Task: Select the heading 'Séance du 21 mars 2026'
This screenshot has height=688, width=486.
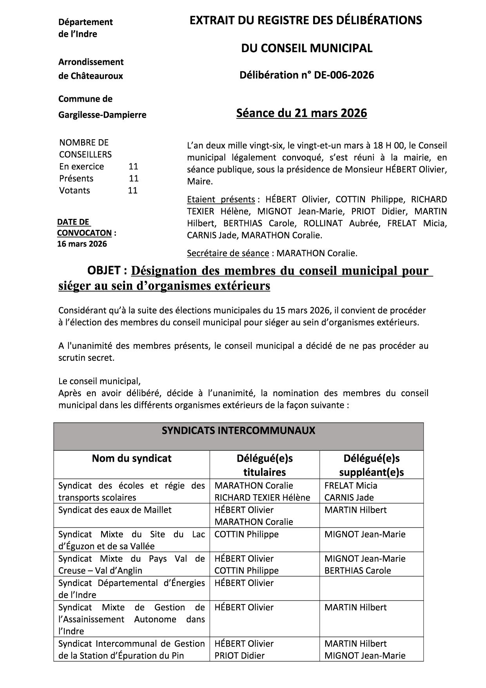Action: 301,113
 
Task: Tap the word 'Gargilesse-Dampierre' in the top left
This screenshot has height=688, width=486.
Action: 102,115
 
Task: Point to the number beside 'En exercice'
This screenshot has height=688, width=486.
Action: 133,166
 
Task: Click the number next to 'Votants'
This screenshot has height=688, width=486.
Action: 132,190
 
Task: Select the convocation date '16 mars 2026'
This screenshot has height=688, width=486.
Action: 82,244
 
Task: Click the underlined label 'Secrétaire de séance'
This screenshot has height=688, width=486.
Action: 228,253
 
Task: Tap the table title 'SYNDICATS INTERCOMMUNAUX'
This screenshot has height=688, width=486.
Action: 238,430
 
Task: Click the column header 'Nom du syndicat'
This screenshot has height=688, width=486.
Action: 131,458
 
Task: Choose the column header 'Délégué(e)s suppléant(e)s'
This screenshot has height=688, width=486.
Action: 371,465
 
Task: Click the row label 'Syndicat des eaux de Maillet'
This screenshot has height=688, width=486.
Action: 115,510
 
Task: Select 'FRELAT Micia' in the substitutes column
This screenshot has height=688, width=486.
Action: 351,486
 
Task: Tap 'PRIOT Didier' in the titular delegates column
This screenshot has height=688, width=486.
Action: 239,655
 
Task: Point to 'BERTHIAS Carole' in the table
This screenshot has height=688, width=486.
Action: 357,570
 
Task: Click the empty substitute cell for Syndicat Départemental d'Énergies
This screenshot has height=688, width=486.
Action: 371,588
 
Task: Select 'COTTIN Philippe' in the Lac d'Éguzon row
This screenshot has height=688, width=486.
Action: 247,534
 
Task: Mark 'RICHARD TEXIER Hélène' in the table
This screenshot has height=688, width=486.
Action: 262,497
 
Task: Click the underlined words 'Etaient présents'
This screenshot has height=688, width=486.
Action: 221,199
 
